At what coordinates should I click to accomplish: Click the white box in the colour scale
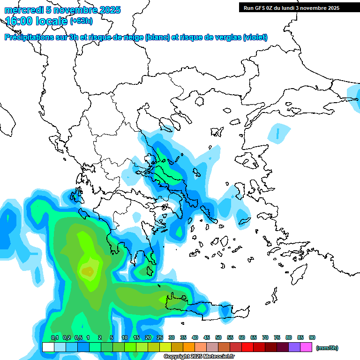click(48, 347)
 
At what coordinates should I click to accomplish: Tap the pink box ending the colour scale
click(306, 347)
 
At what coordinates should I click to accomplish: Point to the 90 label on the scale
click(312, 337)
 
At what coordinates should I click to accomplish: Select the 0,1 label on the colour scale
click(54, 337)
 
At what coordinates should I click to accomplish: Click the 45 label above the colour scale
click(207, 337)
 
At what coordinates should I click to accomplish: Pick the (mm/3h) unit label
click(327, 348)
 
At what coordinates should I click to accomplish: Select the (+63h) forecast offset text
click(81, 21)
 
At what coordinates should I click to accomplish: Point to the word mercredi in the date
click(21, 10)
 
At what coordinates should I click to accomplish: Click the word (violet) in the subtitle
click(255, 37)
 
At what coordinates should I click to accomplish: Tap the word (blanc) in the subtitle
click(157, 37)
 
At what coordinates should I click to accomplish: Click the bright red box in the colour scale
click(247, 347)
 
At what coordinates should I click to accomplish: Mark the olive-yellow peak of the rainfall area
click(88, 271)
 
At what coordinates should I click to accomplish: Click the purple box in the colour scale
click(294, 347)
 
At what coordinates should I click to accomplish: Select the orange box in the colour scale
click(189, 347)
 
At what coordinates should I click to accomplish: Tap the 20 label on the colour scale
click(148, 337)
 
